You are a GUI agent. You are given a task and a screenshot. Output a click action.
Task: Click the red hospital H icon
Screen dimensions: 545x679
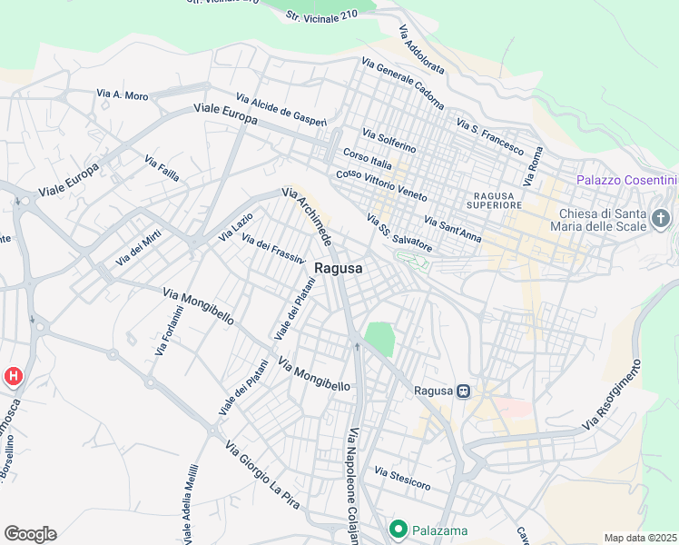(x=14, y=375)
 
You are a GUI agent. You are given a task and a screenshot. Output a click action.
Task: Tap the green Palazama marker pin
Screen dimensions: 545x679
(x=398, y=528)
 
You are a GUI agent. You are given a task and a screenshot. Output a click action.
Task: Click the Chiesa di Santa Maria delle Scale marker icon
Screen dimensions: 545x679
(x=661, y=218)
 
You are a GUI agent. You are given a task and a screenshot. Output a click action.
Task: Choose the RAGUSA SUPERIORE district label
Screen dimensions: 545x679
(x=496, y=200)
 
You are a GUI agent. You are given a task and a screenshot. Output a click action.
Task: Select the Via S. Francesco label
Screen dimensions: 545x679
(x=490, y=136)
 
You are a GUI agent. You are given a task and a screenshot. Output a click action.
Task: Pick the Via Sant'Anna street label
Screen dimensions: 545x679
(x=452, y=229)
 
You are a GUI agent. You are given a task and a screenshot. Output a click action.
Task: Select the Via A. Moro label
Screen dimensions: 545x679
(x=122, y=94)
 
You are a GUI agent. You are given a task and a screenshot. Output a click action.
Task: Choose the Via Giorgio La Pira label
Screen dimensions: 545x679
(x=261, y=469)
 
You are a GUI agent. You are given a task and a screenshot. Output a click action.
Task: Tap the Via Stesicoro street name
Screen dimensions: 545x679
(x=402, y=479)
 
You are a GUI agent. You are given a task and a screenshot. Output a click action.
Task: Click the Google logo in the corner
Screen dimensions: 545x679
(x=30, y=534)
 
